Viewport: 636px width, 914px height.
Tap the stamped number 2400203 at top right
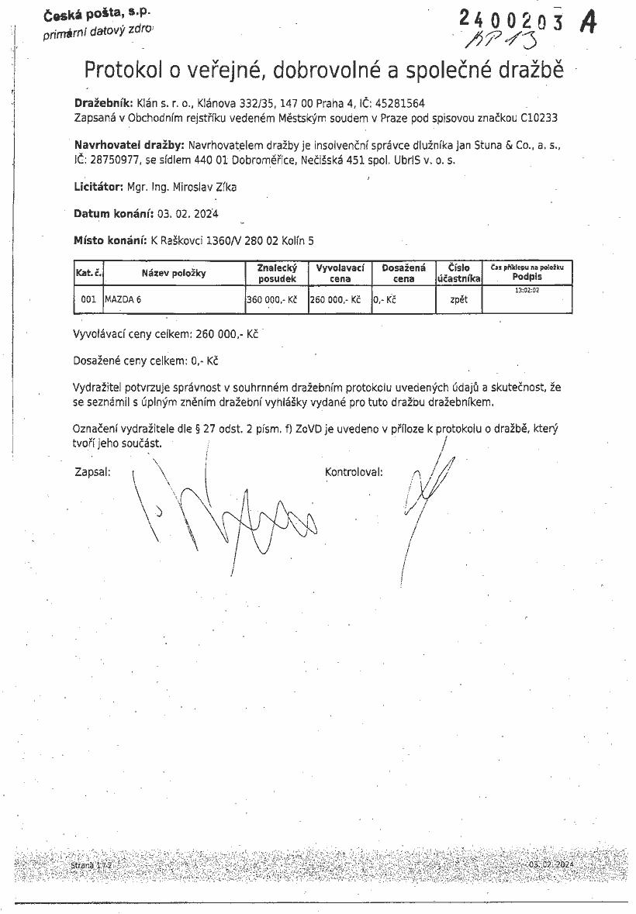tap(512, 21)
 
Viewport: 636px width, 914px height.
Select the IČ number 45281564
tap(398, 102)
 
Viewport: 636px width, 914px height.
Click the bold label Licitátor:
tap(99, 187)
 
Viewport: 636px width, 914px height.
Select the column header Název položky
tap(174, 273)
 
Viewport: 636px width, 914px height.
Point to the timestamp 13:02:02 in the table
tap(527, 290)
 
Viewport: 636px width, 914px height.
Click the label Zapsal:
tap(92, 471)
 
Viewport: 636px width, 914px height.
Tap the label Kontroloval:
tap(354, 471)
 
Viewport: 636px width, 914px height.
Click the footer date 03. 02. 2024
tap(551, 864)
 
